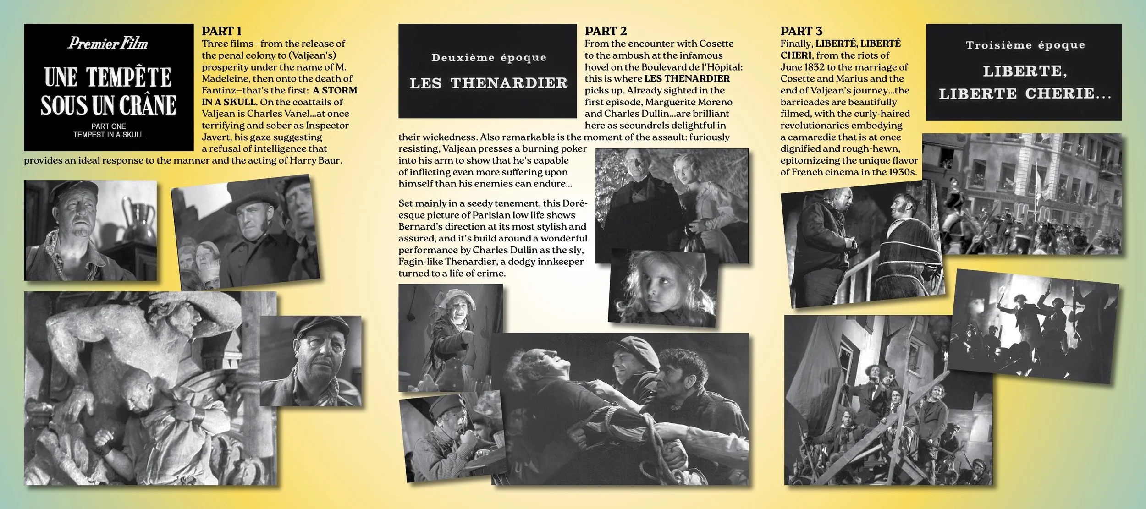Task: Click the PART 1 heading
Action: [221, 31]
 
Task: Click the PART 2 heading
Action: [605, 31]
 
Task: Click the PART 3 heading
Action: [801, 31]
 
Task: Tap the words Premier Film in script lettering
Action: [108, 44]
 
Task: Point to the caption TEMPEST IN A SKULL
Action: [109, 135]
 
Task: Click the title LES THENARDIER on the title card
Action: [488, 83]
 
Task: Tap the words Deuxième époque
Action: [489, 58]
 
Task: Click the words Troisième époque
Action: [1025, 45]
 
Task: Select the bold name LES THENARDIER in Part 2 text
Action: [687, 78]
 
